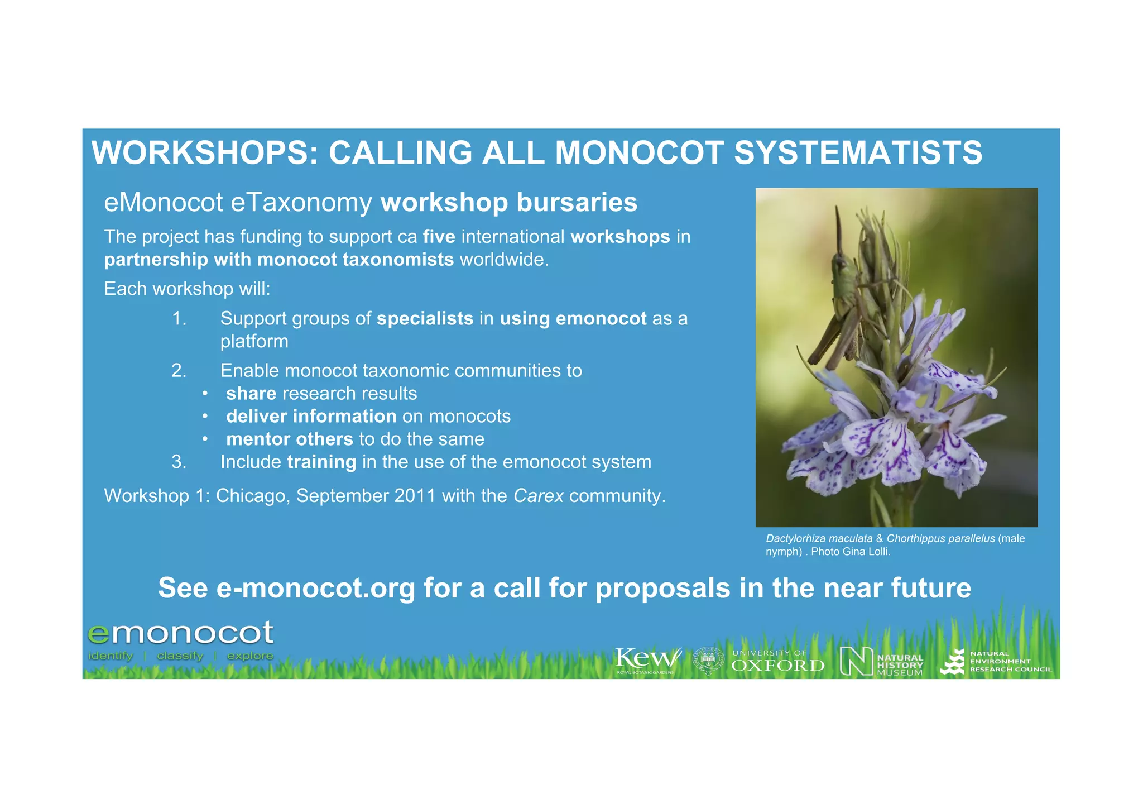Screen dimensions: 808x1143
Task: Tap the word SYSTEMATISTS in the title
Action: (858, 152)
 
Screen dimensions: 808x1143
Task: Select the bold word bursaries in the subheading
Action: (577, 202)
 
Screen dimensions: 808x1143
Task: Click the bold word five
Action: (439, 237)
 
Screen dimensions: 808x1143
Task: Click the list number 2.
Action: (179, 371)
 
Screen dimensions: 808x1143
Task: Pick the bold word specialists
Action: (425, 319)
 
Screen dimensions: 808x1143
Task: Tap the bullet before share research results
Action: (205, 394)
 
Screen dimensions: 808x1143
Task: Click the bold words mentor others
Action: (290, 439)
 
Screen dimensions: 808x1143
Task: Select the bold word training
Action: (321, 462)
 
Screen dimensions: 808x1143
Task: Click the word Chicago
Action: (253, 496)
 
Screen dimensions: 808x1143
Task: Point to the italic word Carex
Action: (538, 496)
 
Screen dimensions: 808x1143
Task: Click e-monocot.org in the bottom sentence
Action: (315, 588)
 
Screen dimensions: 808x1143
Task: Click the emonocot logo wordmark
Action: (180, 633)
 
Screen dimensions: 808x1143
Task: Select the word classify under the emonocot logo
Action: (180, 656)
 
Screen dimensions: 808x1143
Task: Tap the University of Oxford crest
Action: (708, 661)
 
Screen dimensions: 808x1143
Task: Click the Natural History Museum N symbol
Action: (856, 661)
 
